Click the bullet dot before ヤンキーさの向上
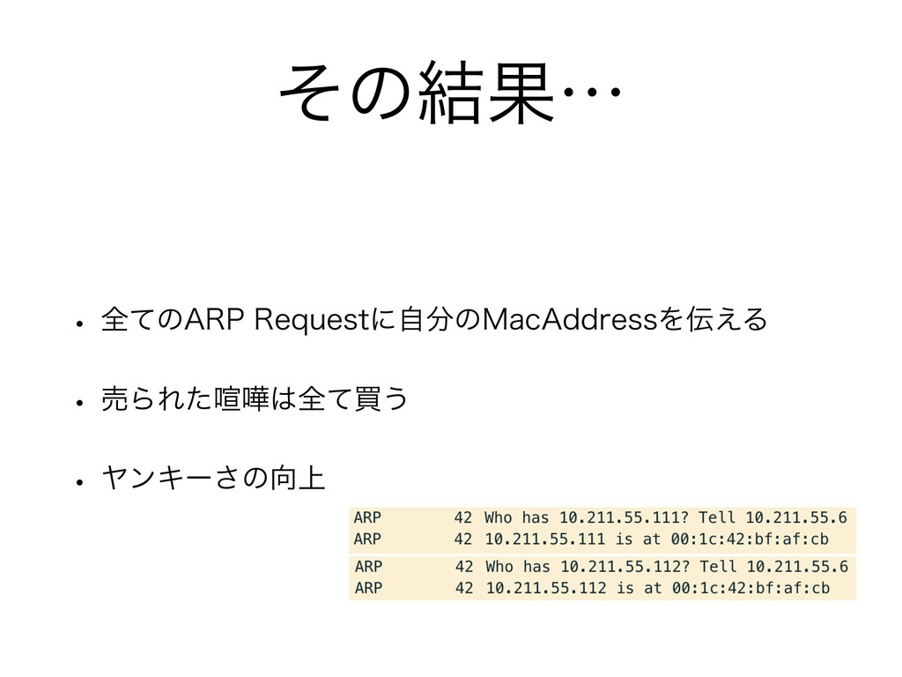coord(78,483)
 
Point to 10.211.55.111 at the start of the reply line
coord(544,539)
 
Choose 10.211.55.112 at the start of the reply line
coord(545,587)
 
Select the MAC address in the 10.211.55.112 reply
coord(756,587)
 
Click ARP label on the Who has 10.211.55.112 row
coord(368,565)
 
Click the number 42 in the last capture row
coord(465,587)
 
